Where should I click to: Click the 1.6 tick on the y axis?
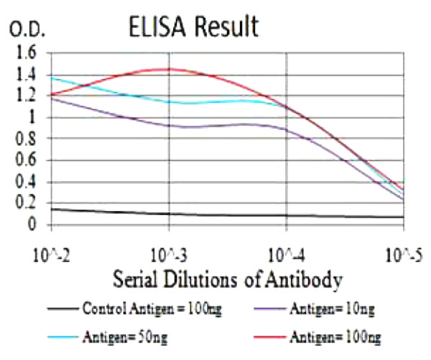click(x=26, y=52)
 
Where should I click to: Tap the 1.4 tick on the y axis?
click(x=26, y=74)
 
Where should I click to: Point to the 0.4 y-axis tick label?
click(x=26, y=182)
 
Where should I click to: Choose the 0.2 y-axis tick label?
click(x=26, y=203)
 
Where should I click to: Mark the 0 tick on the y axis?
click(x=32, y=225)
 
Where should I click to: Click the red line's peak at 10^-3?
click(x=169, y=69)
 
